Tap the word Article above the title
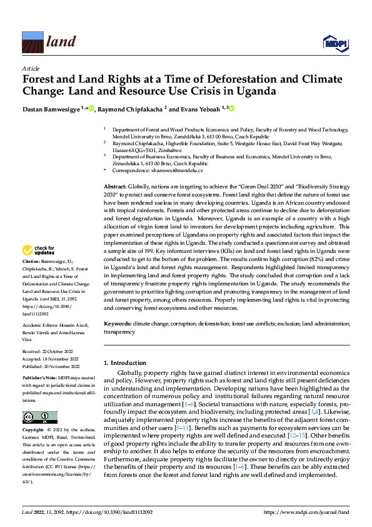tap(31, 68)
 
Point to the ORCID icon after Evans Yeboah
tap(231, 108)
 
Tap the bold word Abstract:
tap(114, 188)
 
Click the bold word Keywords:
tap(117, 324)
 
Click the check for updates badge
tap(39, 251)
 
